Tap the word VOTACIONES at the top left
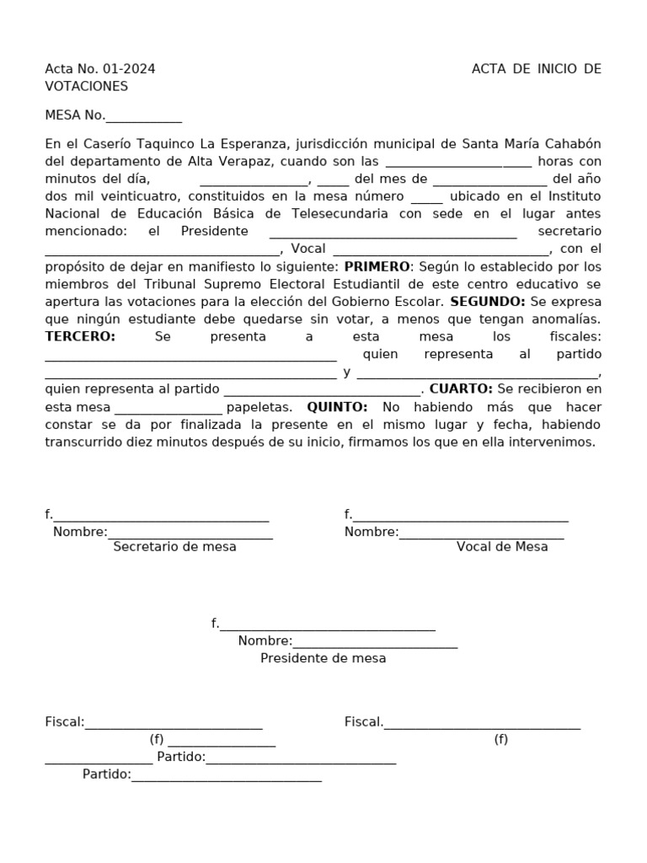tap(87, 87)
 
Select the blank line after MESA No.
tap(143, 116)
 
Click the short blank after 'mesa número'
tap(426, 196)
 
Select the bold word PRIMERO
tap(377, 266)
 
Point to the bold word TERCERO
tap(80, 337)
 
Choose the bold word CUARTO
tap(461, 389)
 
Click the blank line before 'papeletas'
tap(168, 408)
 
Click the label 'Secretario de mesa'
tap(174, 547)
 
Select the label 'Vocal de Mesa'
tap(502, 547)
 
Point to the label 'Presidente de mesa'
tap(323, 659)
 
